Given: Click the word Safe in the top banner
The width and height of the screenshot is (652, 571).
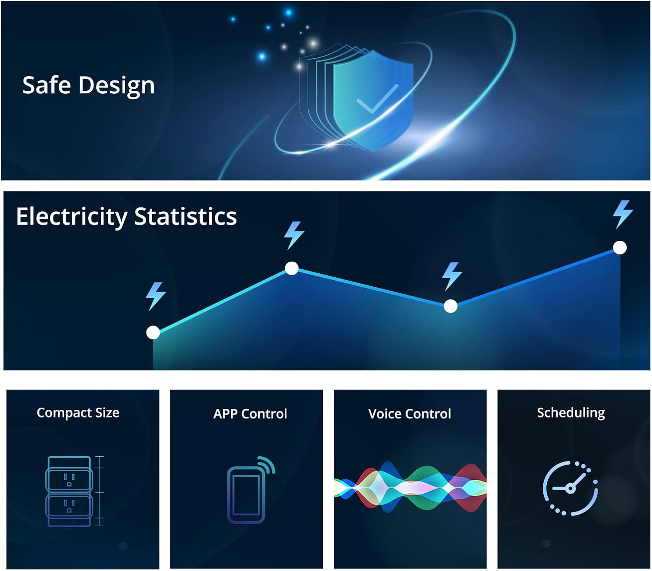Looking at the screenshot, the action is pos(47,85).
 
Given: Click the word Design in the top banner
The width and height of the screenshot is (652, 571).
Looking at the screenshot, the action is pos(116,86).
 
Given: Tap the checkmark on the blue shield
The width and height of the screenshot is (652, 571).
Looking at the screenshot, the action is pos(377,99).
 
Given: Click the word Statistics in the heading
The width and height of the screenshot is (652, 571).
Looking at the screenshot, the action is pos(185,216).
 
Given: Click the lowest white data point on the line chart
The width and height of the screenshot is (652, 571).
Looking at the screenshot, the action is pos(153,332).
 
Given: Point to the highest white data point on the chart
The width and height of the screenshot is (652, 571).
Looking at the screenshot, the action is pos(619,248).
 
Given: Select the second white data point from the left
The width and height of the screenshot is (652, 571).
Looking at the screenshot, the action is pos(292,268).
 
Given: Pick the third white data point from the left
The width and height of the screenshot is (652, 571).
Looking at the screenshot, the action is pos(450,306).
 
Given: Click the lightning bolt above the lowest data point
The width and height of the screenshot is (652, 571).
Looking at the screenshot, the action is pos(156,296).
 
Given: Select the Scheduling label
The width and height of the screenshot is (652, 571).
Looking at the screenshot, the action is pos(571,413).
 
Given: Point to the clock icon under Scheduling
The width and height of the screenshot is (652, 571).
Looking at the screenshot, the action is pos(570,488).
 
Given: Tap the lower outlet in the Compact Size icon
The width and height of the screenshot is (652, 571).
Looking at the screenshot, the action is pos(69,506).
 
